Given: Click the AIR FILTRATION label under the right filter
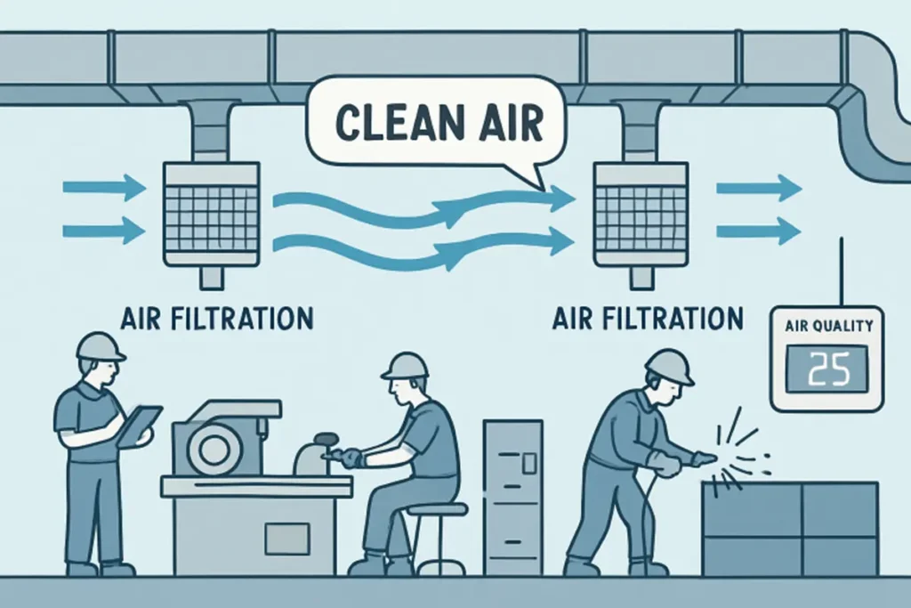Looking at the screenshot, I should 648,317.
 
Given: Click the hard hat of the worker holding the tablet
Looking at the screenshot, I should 100,345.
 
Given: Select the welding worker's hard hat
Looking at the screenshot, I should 669,365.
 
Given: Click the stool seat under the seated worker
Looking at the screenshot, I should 439,509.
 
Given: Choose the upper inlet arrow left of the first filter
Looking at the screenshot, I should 104,188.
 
